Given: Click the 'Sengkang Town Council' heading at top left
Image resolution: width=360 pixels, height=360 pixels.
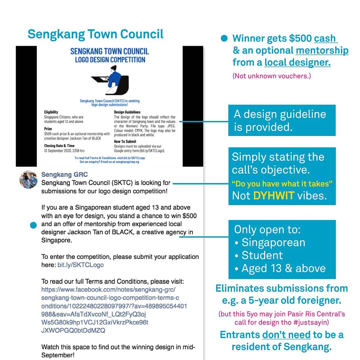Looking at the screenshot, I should click(x=95, y=34).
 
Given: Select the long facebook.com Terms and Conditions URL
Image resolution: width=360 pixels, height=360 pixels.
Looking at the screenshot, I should click(x=113, y=306).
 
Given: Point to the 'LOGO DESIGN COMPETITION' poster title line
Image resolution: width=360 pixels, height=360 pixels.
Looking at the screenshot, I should click(x=110, y=60).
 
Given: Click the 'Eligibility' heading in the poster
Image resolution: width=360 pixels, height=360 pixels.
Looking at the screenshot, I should click(x=51, y=112).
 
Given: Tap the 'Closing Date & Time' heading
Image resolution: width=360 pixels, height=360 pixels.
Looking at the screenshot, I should click(x=59, y=146).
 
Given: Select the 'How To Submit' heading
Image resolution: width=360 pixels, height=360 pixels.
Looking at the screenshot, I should click(x=125, y=141).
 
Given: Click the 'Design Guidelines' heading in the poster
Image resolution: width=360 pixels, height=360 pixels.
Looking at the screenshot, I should click(x=127, y=112).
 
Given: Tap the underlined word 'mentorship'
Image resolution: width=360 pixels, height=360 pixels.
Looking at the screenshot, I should click(x=322, y=51).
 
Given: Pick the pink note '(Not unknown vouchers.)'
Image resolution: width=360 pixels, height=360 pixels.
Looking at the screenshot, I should click(x=271, y=76).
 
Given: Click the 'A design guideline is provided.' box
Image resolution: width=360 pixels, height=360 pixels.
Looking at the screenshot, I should click(x=282, y=120).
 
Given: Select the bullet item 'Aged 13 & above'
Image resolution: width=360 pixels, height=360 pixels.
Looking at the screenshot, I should click(x=283, y=268).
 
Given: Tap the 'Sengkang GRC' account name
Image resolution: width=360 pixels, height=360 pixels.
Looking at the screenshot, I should click(x=64, y=175).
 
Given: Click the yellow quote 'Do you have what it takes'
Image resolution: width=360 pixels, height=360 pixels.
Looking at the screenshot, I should click(x=282, y=184).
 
